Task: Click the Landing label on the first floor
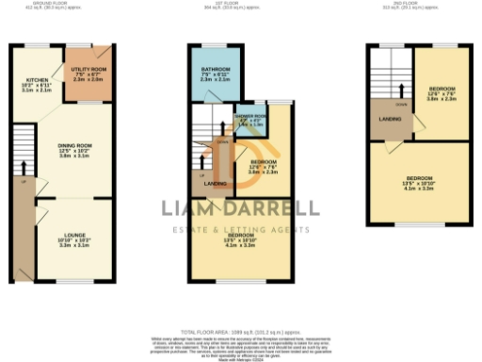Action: click(x=215, y=183)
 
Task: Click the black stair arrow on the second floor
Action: click(x=403, y=91)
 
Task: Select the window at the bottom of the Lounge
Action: click(x=72, y=281)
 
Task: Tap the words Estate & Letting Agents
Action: click(x=239, y=230)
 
